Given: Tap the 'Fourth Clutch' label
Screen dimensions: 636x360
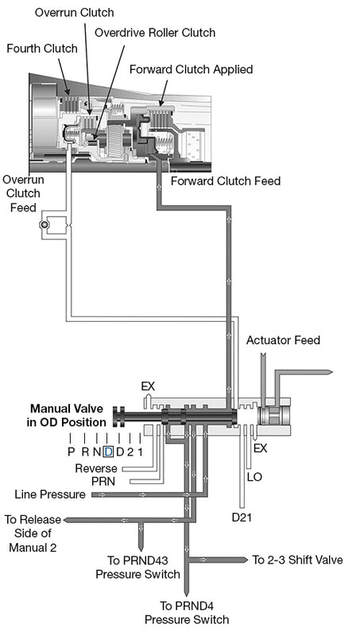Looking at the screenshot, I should click(42, 49).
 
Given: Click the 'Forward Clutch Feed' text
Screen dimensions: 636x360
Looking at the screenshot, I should click(226, 181).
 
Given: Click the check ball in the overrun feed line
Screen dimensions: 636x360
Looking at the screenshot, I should click(45, 227).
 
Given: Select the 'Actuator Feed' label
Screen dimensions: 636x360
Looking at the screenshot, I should click(283, 340).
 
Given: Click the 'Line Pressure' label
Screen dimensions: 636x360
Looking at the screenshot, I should click(50, 494).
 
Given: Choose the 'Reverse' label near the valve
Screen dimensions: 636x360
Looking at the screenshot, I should click(96, 468).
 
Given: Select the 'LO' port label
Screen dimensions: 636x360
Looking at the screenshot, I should click(255, 477).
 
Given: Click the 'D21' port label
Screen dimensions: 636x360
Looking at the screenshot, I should click(242, 517).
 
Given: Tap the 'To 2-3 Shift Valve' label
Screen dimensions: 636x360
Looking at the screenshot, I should click(297, 560).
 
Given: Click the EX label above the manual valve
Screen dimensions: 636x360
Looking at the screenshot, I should click(148, 386).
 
